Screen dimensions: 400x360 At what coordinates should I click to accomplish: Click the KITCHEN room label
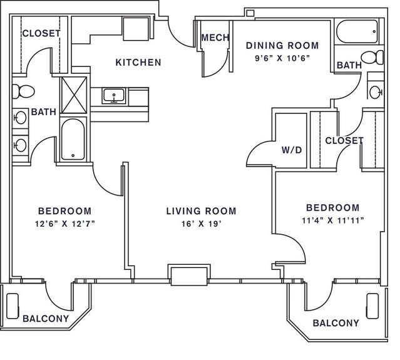coord(138,63)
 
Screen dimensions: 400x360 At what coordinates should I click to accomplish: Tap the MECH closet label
coord(215,38)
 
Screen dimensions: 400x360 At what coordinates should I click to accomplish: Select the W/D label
coord(292,150)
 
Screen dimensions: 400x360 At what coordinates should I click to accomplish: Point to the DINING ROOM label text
coord(282,46)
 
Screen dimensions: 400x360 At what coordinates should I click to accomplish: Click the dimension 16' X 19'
coord(201,224)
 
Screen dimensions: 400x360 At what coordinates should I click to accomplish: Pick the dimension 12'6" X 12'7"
coord(65,224)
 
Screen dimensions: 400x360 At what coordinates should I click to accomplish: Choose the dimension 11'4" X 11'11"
coord(333,220)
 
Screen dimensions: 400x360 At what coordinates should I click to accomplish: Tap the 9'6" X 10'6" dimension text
coord(282,58)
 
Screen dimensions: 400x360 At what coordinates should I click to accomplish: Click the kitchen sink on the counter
coord(114,95)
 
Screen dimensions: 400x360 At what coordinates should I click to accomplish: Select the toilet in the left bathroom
coord(23,91)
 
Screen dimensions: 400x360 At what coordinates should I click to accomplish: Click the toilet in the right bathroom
coord(372,58)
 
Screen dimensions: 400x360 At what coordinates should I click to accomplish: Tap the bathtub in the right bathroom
coord(357,32)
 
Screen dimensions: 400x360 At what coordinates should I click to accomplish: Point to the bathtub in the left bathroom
coord(73,140)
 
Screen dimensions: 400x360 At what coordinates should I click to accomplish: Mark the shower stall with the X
coord(74,95)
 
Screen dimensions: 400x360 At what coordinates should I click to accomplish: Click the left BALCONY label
coord(46,319)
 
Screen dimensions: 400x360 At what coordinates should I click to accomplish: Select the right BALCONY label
coord(336,323)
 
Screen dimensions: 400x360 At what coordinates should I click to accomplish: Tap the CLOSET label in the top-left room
coord(41,33)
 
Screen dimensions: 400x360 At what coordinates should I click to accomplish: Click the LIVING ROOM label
coord(202,211)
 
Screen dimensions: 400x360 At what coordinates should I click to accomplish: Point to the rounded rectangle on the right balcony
coord(372,306)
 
